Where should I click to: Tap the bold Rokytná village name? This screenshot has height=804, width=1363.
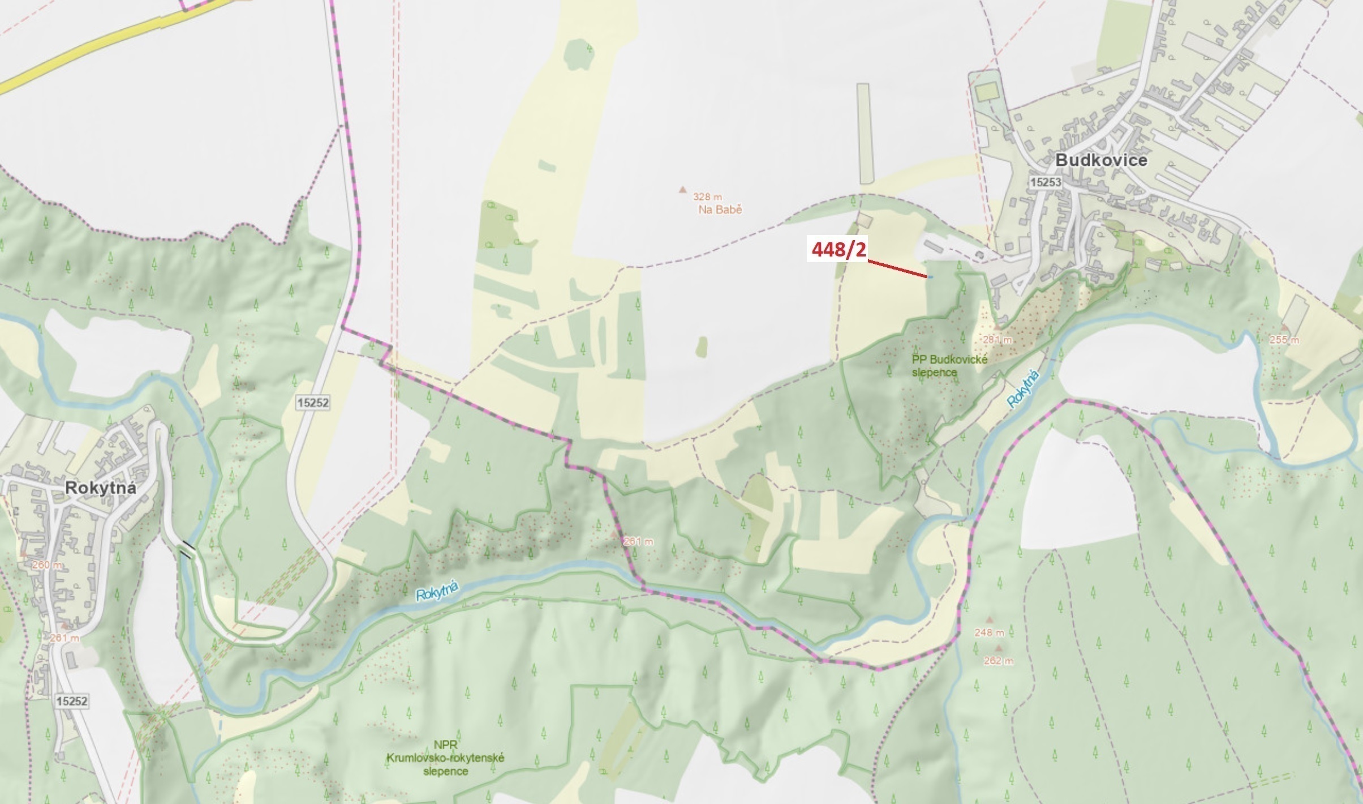101,488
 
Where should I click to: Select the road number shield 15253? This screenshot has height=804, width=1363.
1046,182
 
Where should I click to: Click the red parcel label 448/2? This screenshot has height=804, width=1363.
839,250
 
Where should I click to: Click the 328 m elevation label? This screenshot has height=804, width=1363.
707,197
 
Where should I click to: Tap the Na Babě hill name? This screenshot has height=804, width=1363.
720,209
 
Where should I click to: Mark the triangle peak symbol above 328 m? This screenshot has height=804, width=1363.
683,189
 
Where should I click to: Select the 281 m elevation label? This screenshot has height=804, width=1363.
997,340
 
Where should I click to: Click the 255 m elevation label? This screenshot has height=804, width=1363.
1284,340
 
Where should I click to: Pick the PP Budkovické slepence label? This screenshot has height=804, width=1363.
949,366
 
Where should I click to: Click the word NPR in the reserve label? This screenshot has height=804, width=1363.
445,745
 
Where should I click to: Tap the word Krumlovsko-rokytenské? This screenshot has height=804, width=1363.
445,758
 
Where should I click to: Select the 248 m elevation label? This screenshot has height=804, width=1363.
989,632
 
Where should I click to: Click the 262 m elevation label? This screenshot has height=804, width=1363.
998,661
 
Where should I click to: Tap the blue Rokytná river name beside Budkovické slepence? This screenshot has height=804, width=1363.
1024,388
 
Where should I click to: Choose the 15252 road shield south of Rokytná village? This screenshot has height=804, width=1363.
72,701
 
